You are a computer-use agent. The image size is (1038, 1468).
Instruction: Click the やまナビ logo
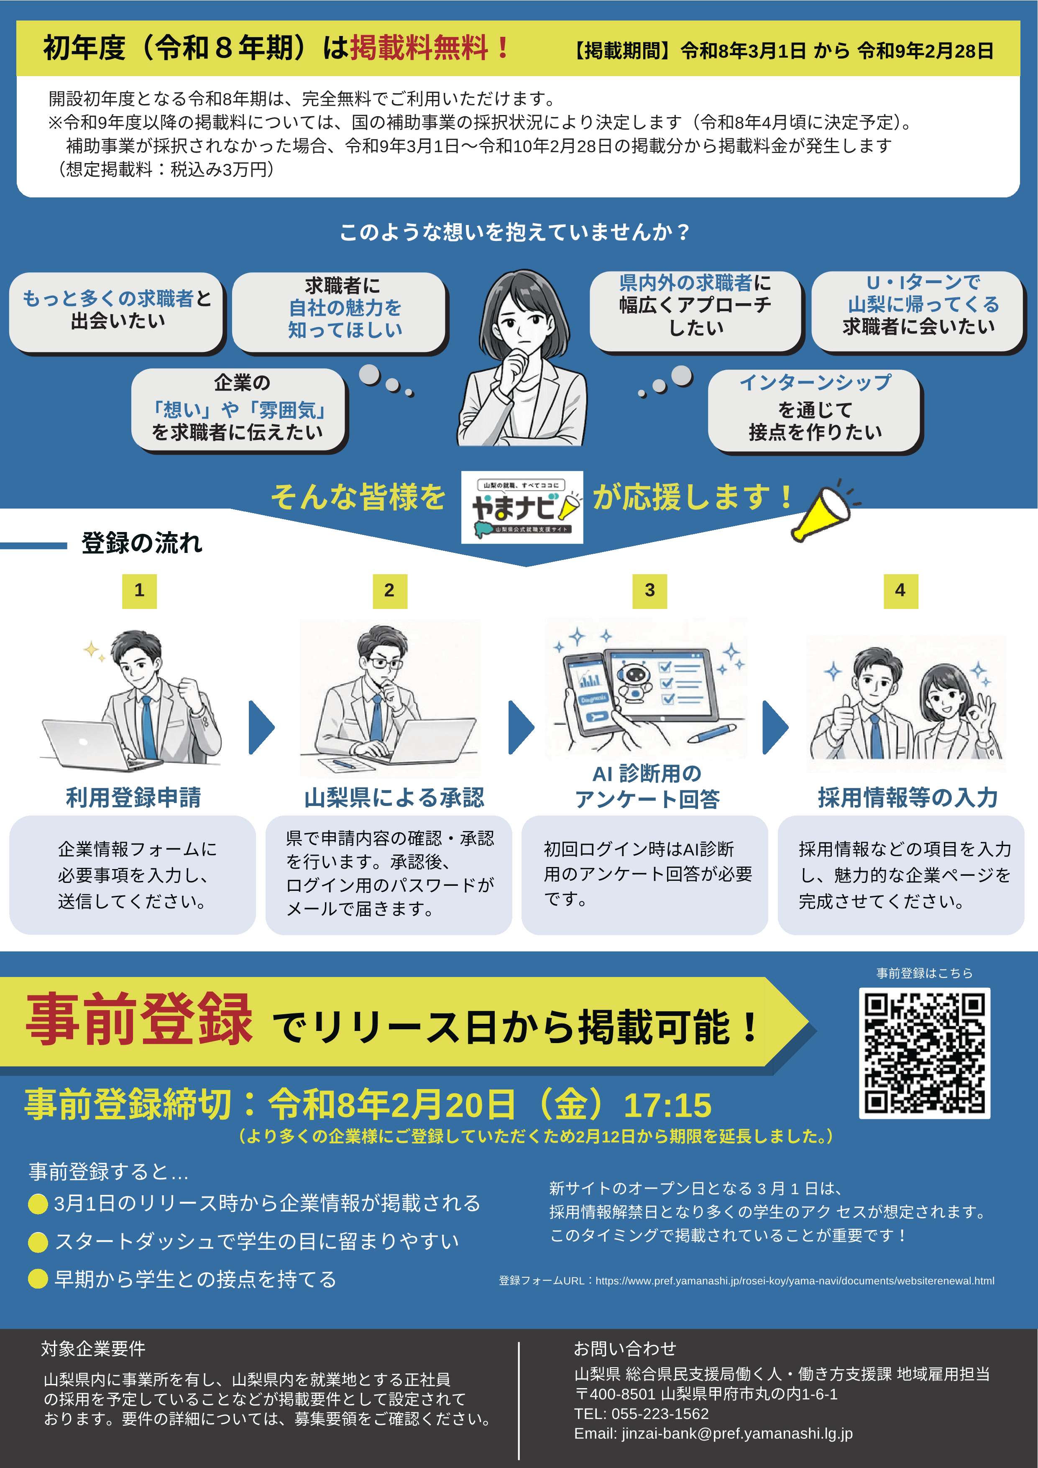(522, 507)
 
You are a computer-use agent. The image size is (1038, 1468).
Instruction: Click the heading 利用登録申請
(133, 797)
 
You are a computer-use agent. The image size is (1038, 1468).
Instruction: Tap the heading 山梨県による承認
(394, 797)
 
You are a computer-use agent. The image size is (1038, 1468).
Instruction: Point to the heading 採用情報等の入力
(908, 797)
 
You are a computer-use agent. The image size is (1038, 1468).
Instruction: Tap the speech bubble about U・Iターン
(918, 311)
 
